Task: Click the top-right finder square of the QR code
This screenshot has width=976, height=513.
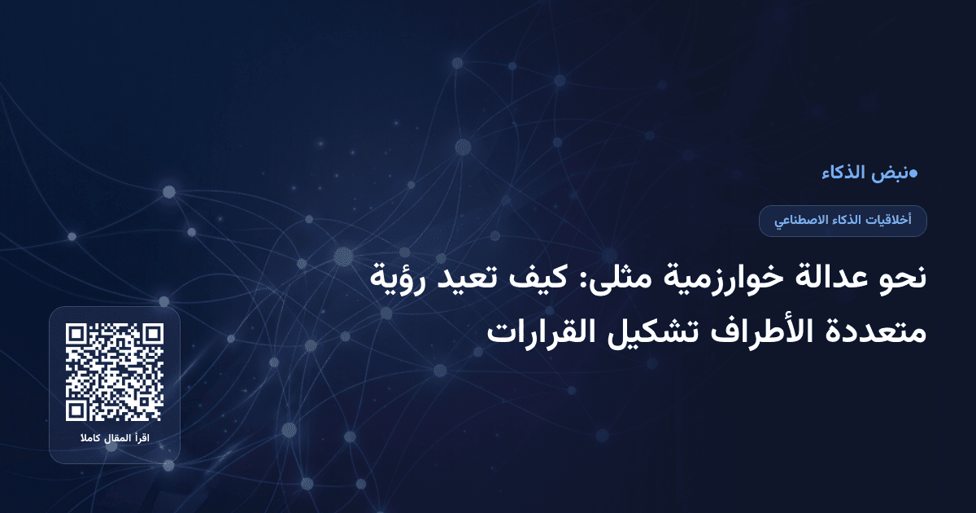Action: coord(152,335)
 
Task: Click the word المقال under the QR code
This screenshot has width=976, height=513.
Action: coord(116,439)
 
